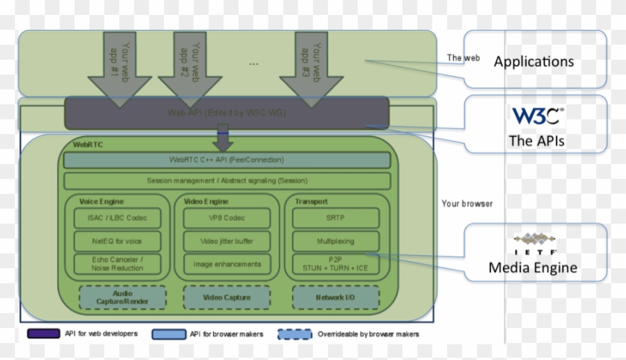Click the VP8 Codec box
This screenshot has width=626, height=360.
click(227, 218)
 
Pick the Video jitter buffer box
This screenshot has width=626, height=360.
click(227, 241)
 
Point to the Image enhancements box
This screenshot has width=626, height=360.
click(227, 264)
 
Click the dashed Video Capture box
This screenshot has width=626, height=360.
click(227, 298)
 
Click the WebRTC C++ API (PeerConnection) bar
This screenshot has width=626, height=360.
click(227, 160)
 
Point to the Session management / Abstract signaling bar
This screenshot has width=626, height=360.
click(227, 180)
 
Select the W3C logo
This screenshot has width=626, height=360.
click(537, 116)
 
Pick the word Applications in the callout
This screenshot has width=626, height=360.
click(534, 61)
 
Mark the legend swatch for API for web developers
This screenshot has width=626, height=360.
click(43, 334)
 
